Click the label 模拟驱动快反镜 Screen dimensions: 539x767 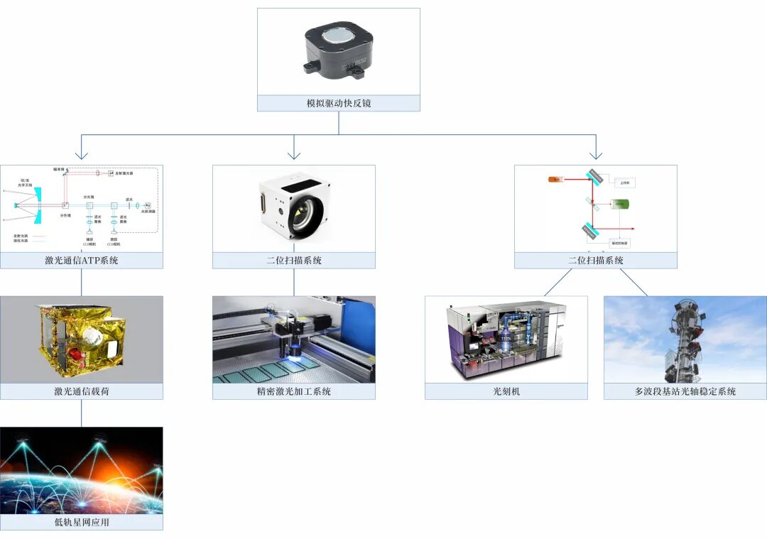[x=338, y=103]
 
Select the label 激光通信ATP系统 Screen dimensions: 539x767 [x=81, y=261]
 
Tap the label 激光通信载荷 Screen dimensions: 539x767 [x=81, y=391]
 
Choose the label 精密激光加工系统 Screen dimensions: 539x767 [x=293, y=391]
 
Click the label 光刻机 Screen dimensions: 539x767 [x=506, y=391]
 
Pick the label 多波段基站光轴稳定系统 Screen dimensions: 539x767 [x=685, y=391]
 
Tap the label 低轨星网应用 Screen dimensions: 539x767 [x=81, y=522]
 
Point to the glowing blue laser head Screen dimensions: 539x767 [x=293, y=349]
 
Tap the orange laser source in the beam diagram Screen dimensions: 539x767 [x=555, y=179]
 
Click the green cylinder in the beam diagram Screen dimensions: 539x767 [x=620, y=205]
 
